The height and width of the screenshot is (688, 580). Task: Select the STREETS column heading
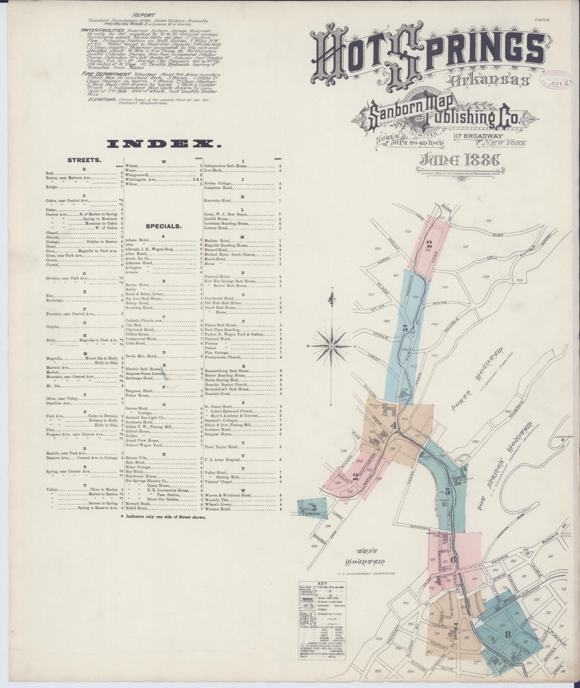pos(84,160)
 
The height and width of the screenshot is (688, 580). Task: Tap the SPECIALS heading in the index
pos(163,226)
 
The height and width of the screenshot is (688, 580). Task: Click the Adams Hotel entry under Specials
pos(137,240)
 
